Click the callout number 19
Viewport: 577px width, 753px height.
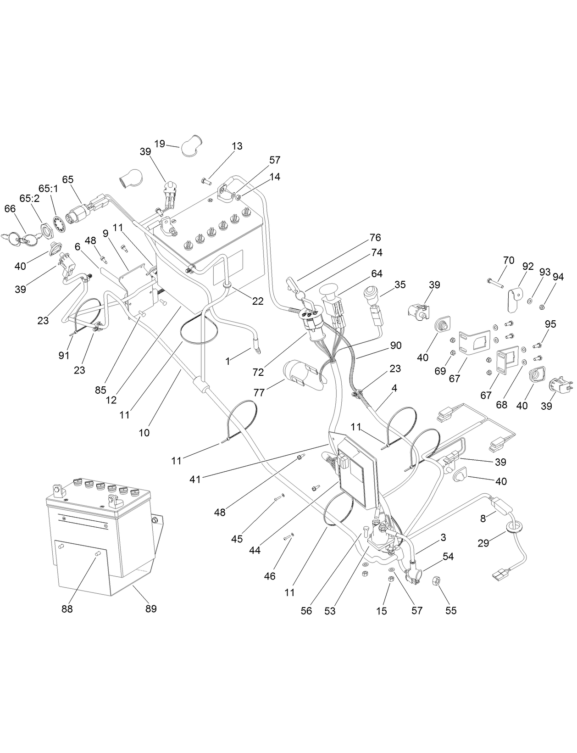point(159,144)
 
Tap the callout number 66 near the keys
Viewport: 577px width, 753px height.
point(10,209)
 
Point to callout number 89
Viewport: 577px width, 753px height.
point(151,608)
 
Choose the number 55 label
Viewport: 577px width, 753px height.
point(451,611)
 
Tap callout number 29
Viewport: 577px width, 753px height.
point(483,543)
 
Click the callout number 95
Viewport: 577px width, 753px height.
point(550,324)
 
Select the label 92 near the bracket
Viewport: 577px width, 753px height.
point(528,266)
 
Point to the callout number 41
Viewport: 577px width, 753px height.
point(196,480)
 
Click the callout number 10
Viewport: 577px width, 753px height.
point(144,432)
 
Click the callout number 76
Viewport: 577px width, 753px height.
point(375,238)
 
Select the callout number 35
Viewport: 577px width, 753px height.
point(400,284)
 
